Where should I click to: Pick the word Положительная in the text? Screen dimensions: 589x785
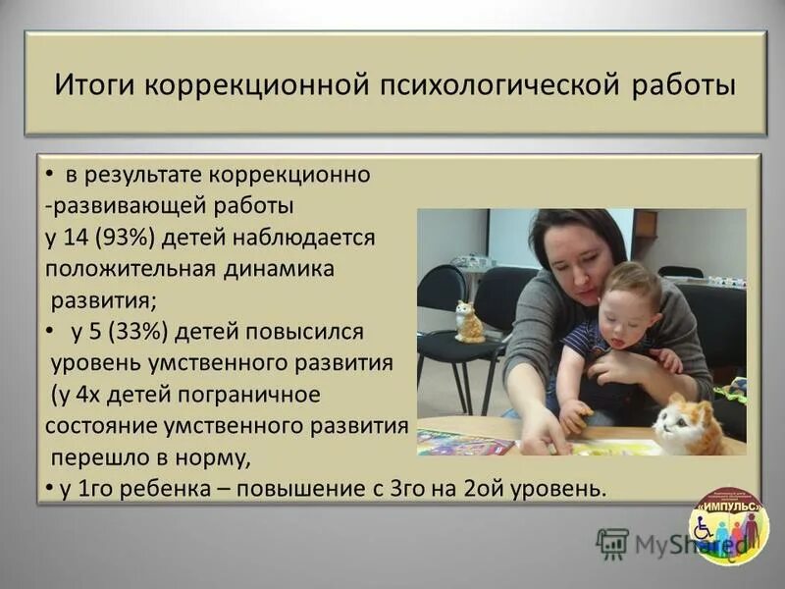coord(120,268)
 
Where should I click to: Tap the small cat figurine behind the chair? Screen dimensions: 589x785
coord(468,322)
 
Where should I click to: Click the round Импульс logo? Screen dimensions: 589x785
coord(727,527)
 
